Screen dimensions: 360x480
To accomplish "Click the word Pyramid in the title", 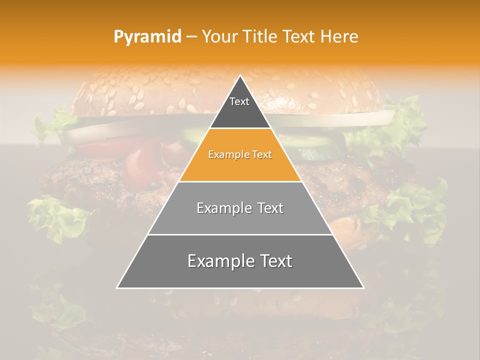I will coord(147,37).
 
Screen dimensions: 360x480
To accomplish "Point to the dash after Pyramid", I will coord(191,37).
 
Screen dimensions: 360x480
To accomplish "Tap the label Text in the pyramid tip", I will coord(239,101).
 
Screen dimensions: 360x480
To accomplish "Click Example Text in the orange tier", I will coord(240,155).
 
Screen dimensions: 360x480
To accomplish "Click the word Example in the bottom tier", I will coord(216,261).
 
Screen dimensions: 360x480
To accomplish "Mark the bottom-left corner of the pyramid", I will coord(117,287).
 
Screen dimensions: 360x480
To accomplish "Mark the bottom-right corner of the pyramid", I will coord(363,287).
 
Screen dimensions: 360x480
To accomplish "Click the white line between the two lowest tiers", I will coord(240,234).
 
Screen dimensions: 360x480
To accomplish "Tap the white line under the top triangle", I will coord(240,128).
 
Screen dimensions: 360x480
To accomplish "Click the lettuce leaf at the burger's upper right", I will coord(407,115).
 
